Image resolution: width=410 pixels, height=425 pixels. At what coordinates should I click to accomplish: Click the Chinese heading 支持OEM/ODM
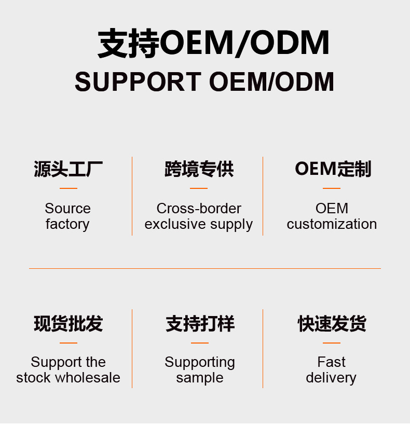pos(213,43)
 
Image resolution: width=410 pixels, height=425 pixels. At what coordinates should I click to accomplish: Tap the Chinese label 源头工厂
pos(68,169)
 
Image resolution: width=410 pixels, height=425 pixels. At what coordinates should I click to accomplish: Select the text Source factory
pos(67,216)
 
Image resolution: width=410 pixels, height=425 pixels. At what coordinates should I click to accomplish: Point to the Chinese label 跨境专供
pos(199,169)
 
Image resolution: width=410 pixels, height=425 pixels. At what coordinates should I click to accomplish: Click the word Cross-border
pos(199,209)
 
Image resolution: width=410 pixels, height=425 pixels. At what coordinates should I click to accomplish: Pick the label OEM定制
pos(333,169)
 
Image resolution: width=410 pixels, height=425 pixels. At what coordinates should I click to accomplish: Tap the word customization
pos(332,224)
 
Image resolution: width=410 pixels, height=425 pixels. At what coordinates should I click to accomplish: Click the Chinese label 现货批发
pos(68,324)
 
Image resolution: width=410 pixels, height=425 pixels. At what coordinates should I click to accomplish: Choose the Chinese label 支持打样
pos(200,324)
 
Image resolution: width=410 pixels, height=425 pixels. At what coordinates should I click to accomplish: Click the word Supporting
pos(200,362)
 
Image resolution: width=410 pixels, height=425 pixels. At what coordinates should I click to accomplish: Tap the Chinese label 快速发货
pos(332,324)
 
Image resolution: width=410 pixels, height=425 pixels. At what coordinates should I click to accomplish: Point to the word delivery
pos(331,378)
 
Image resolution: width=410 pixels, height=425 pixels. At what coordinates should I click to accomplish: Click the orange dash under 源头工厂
pos(68,188)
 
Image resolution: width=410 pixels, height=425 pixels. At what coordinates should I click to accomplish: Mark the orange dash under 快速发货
pos(332,343)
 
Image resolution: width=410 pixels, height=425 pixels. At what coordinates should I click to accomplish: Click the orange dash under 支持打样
pos(200,343)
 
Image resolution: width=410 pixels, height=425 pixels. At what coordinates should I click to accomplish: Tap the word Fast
pos(331,362)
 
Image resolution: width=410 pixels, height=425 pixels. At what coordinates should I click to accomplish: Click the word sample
pos(200,378)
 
